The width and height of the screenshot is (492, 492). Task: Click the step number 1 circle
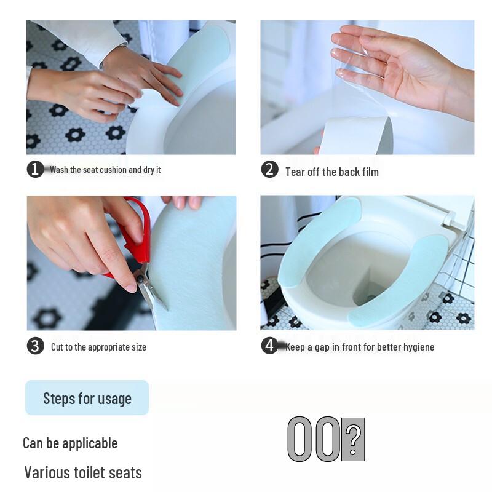[x=35, y=169]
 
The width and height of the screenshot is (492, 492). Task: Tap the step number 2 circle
[x=269, y=169]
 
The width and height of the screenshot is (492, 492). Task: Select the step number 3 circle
[x=35, y=346]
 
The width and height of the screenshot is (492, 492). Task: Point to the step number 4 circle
[x=269, y=346]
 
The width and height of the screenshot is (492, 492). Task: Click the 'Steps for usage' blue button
[x=87, y=398]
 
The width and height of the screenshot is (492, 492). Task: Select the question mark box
[x=353, y=439]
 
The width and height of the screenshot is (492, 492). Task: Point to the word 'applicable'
[x=88, y=443]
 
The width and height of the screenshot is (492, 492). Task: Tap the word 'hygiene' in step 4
[x=418, y=347]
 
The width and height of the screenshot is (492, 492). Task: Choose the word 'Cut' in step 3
[x=57, y=347]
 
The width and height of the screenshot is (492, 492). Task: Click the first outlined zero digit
[x=300, y=439]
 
